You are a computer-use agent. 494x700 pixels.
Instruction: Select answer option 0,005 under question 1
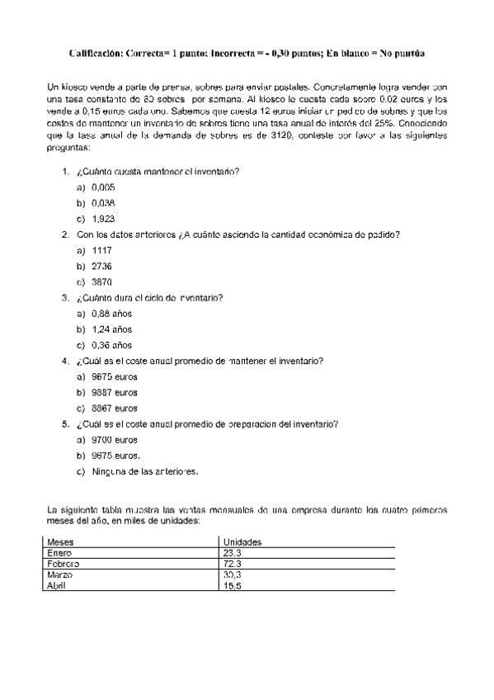point(103,187)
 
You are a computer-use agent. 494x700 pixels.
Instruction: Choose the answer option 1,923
point(103,219)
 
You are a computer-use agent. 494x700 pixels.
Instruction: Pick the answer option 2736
point(102,266)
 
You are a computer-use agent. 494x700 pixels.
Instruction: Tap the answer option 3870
point(102,281)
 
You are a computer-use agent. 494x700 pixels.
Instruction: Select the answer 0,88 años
point(111,314)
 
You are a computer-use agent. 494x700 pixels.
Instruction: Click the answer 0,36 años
point(111,345)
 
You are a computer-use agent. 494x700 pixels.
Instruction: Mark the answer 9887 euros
point(115,392)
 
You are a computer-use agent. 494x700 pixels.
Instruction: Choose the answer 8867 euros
point(115,408)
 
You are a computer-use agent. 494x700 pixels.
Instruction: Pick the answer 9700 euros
point(115,440)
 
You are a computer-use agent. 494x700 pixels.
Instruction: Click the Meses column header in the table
point(61,542)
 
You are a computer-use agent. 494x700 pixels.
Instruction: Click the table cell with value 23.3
point(232,552)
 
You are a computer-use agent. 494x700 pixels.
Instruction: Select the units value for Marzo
point(232,574)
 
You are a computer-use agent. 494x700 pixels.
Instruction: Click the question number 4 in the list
point(65,361)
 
